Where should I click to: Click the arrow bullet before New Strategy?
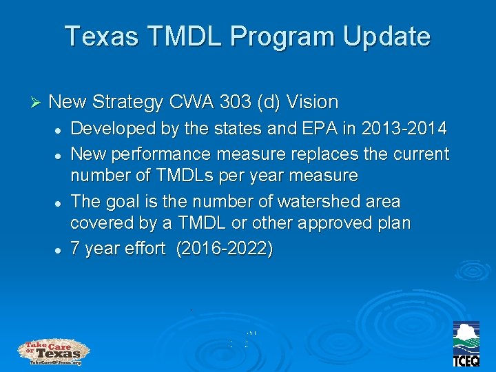coord(37,103)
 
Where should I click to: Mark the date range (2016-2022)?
coord(225,249)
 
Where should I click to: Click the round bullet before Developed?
coord(61,130)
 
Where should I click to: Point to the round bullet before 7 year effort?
coord(61,250)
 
